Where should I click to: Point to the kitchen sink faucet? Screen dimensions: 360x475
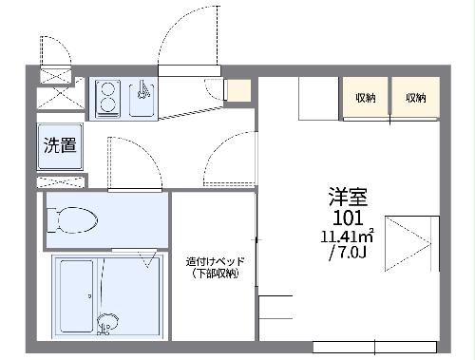pyautogui.click(x=142, y=91)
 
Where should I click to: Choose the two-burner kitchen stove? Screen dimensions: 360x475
pyautogui.click(x=106, y=98)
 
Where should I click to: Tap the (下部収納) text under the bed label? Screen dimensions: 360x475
pyautogui.click(x=213, y=274)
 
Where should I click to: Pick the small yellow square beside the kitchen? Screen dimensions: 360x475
pyautogui.click(x=237, y=92)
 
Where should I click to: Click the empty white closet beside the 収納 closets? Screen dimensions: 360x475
pyautogui.click(x=319, y=98)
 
